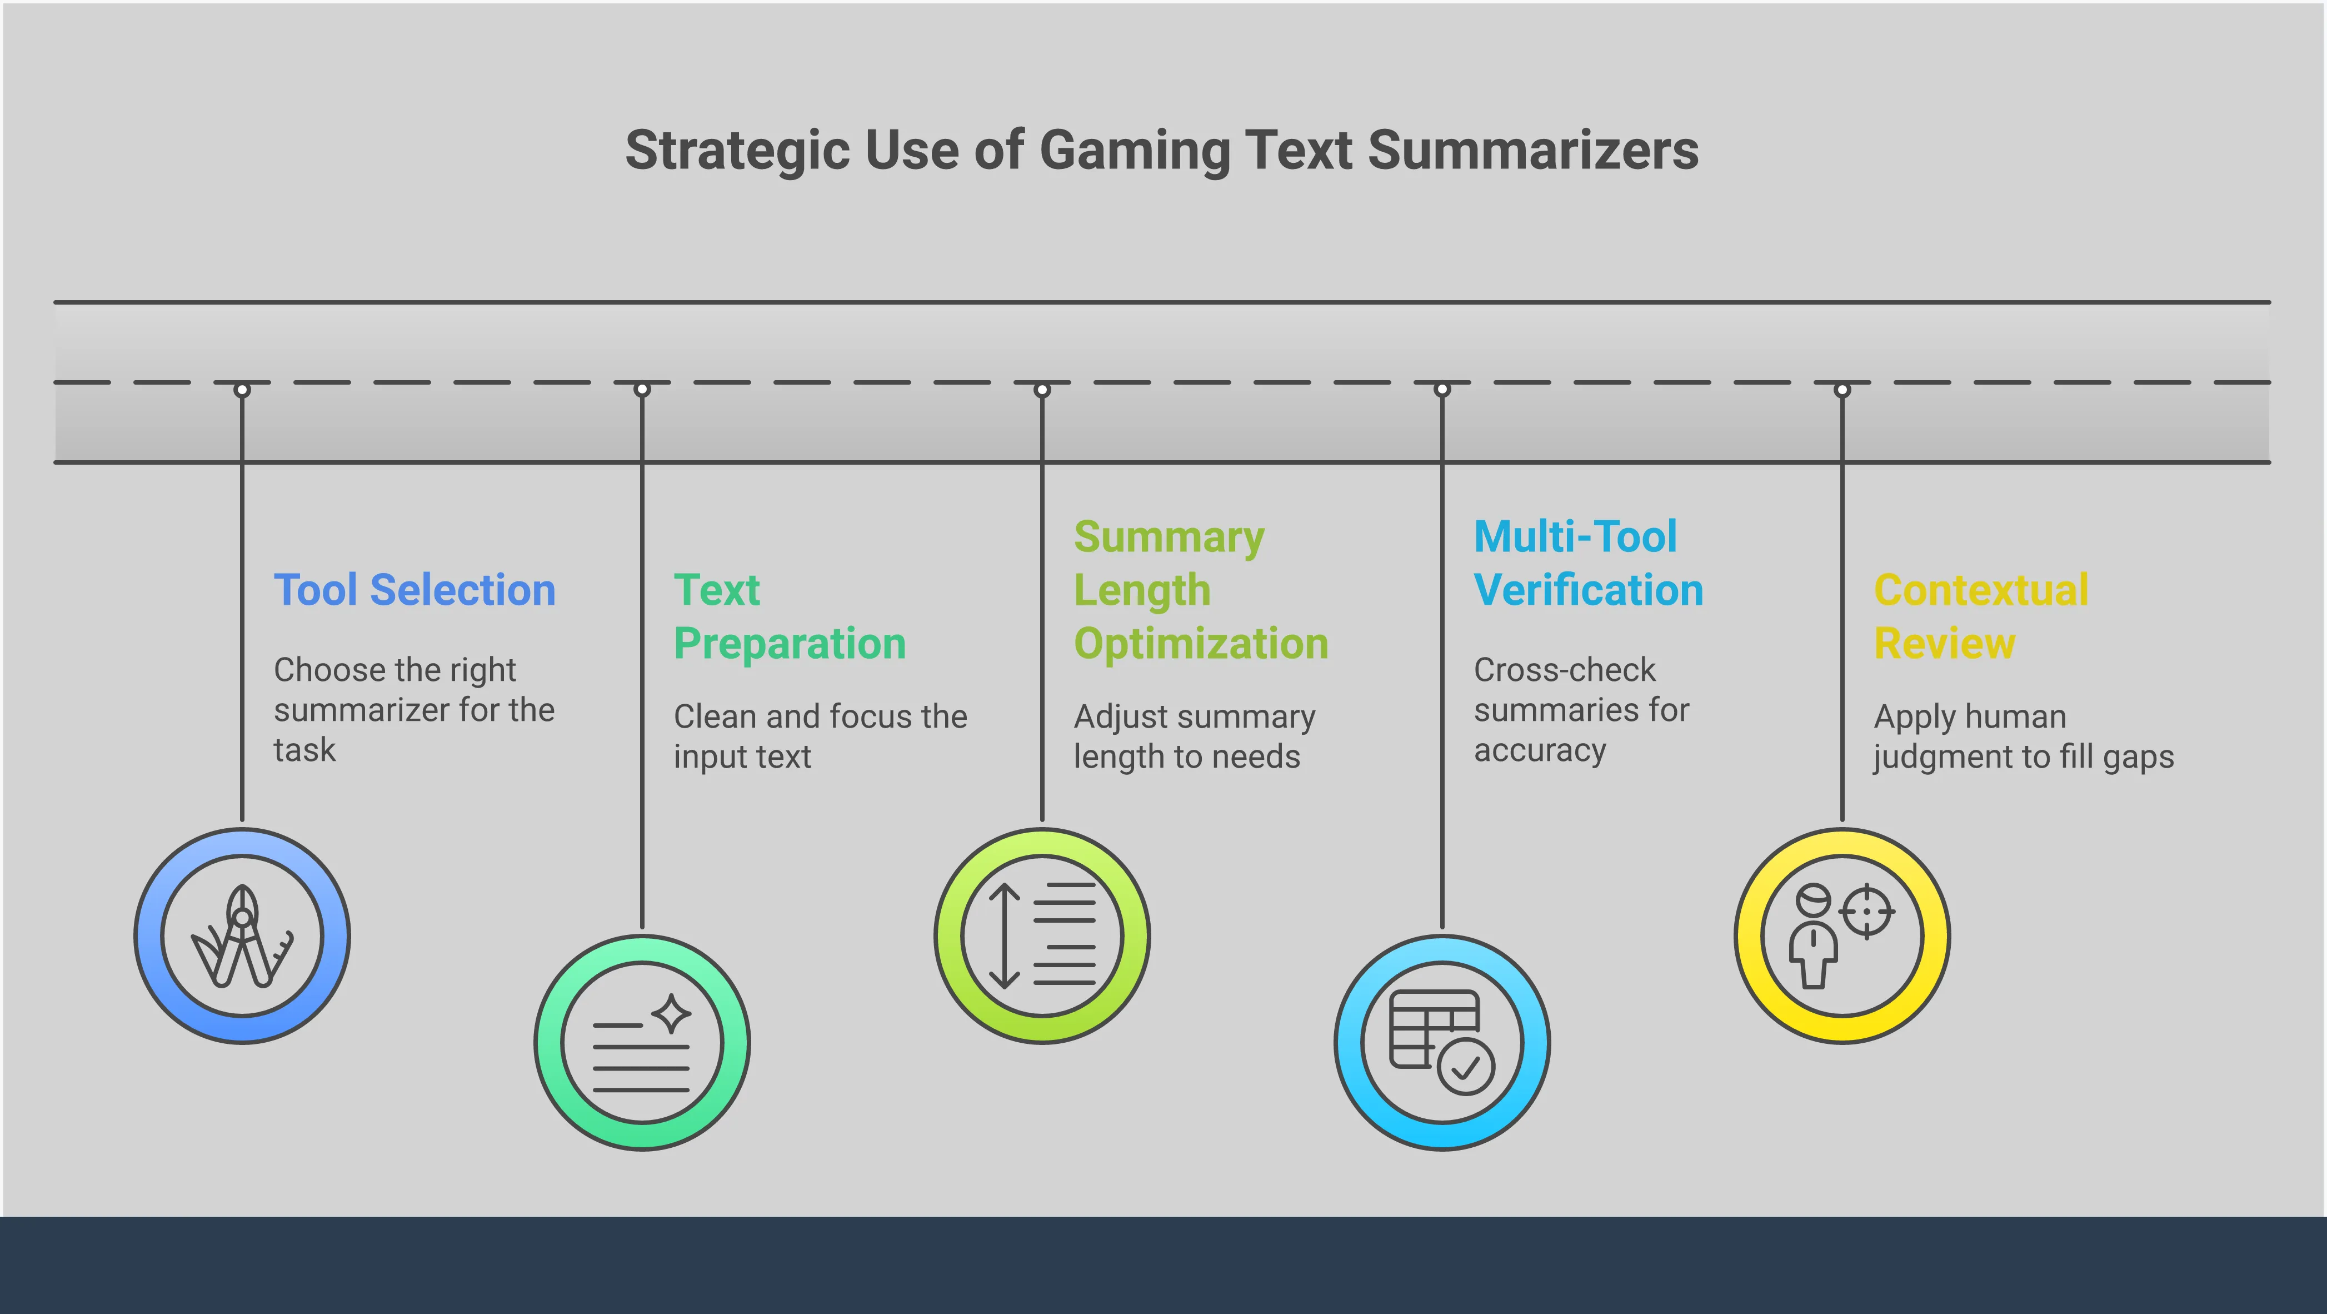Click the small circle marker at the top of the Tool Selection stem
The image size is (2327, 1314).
(x=242, y=390)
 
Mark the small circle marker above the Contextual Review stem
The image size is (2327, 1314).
(x=1842, y=390)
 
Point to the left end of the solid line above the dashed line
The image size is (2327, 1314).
(x=54, y=302)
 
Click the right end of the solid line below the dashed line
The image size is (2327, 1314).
(x=2271, y=462)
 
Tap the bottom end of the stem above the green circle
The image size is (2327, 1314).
(x=642, y=927)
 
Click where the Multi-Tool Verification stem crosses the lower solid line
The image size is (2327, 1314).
(x=1442, y=462)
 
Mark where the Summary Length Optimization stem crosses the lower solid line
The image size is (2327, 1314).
(x=1042, y=462)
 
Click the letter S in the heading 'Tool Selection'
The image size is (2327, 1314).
(x=383, y=590)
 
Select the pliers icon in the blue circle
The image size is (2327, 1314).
(x=242, y=936)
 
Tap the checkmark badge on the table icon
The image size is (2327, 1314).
(x=1465, y=1067)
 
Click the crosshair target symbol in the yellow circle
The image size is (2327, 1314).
(x=1866, y=911)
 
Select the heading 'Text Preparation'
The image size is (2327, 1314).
(x=790, y=616)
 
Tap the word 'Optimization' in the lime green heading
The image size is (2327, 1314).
(x=1201, y=644)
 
